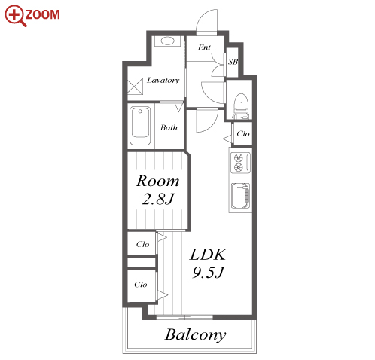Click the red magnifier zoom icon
click(14, 15)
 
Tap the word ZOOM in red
click(42, 14)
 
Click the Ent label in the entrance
click(204, 47)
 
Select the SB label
click(233, 62)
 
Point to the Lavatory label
click(163, 81)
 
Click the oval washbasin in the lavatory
click(167, 41)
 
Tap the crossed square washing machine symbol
click(135, 86)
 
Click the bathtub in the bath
click(140, 126)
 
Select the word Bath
click(169, 127)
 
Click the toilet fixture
click(241, 106)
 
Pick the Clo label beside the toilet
click(243, 134)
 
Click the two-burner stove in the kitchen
click(240, 163)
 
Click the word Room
click(157, 182)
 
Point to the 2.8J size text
click(158, 200)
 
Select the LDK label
click(208, 255)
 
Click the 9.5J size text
click(208, 272)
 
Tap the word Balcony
click(195, 335)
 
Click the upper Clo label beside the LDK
click(142, 244)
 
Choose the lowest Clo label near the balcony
click(141, 285)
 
